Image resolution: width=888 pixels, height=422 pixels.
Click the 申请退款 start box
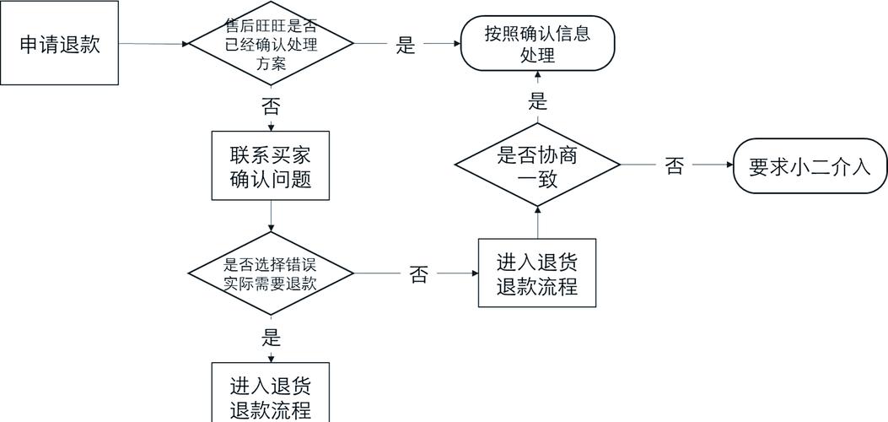[59, 44]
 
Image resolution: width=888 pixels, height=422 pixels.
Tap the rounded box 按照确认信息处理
[537, 44]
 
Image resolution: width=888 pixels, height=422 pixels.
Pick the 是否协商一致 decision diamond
[537, 166]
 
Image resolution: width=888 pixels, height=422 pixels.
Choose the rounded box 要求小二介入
[810, 166]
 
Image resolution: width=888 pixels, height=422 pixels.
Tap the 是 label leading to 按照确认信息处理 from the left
[406, 45]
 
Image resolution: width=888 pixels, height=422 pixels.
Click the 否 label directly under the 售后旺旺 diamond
[271, 106]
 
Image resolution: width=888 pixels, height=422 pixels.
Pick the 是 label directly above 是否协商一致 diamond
[537, 102]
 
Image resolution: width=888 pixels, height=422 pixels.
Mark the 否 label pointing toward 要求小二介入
[674, 166]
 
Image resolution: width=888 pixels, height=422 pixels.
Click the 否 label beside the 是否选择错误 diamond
[418, 274]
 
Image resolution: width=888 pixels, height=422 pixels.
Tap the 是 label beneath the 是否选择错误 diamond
[271, 338]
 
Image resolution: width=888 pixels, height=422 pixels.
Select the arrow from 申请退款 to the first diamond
[152, 43]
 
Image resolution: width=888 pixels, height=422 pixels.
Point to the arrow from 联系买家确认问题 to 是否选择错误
[271, 218]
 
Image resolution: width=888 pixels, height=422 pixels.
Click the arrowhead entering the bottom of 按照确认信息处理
[537, 76]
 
